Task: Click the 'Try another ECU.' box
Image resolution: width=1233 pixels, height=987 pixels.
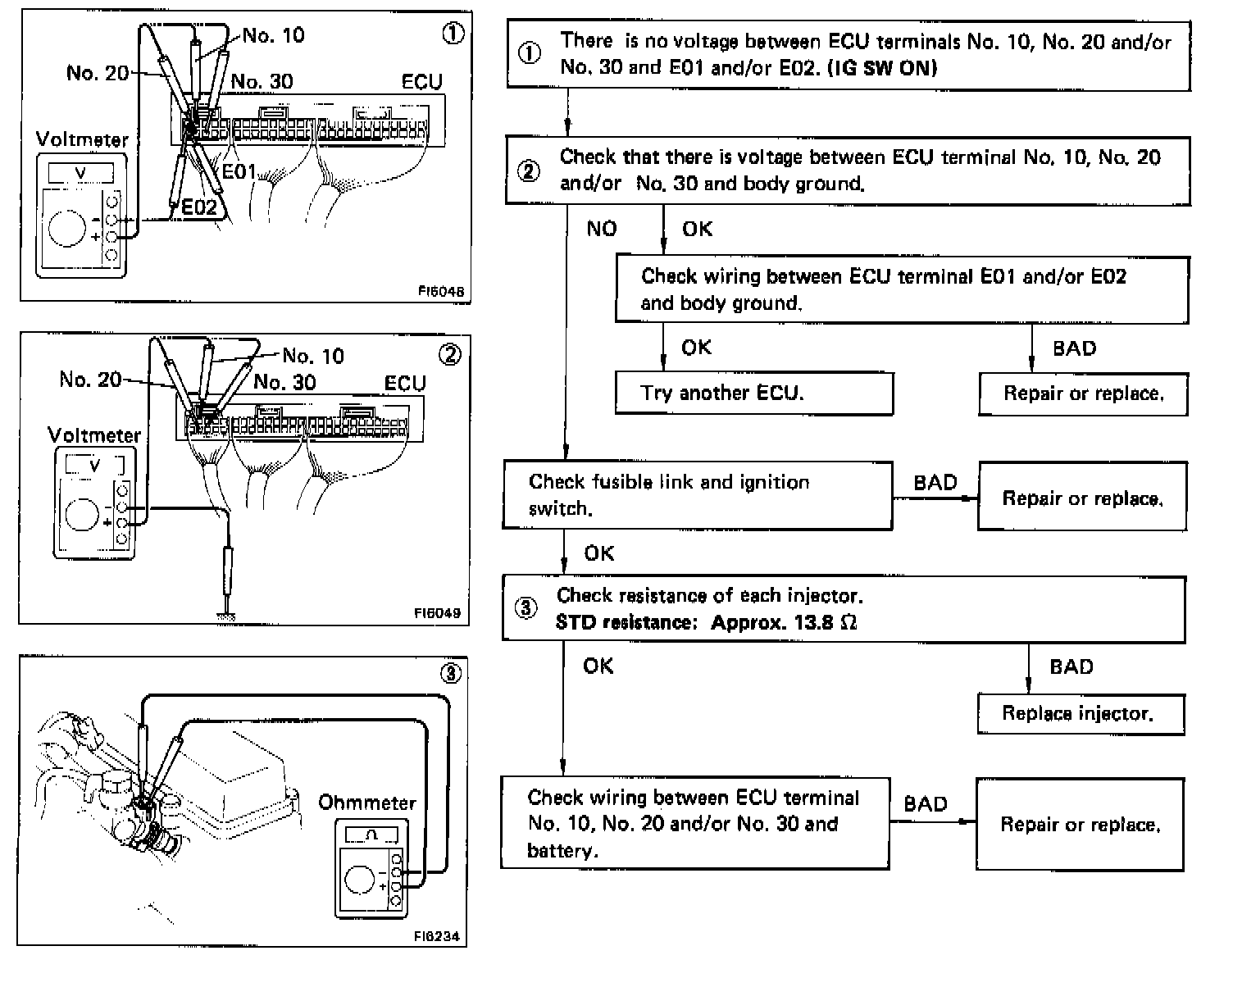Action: click(753, 393)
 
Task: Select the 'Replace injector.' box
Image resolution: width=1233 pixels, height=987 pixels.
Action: click(1080, 714)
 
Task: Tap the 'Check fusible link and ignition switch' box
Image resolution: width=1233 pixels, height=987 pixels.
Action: click(697, 495)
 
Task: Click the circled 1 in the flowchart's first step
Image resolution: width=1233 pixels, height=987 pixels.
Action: click(530, 54)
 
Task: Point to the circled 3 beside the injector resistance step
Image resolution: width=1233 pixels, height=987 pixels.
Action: click(526, 608)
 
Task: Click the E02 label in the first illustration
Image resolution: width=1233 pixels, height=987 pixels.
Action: click(199, 207)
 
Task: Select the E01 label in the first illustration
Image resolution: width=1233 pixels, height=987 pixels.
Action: click(240, 171)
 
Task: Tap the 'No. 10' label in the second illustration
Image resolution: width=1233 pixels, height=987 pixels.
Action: click(313, 356)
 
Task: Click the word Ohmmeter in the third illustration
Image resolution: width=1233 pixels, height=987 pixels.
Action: click(366, 803)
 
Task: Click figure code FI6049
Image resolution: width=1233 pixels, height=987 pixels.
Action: click(437, 612)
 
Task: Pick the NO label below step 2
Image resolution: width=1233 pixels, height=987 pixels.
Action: click(601, 229)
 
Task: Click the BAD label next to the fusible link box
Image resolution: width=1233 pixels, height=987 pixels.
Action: click(935, 483)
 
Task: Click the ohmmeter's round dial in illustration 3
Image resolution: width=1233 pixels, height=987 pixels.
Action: click(360, 880)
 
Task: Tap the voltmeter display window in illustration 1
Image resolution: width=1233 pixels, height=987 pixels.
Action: click(80, 173)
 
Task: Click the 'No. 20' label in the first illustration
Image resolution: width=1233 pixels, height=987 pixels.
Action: click(98, 73)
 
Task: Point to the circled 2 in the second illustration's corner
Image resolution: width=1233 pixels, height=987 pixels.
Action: click(450, 355)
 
